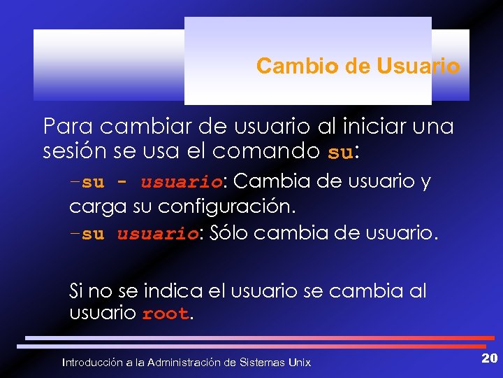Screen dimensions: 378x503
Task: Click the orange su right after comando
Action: click(340, 153)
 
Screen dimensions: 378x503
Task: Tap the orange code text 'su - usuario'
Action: click(152, 183)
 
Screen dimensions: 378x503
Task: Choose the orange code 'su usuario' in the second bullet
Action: click(140, 234)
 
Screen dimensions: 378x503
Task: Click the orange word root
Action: click(165, 314)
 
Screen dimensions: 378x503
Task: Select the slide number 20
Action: click(489, 359)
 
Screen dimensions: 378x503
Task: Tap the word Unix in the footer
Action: click(300, 363)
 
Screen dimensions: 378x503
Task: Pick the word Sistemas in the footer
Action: click(261, 363)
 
